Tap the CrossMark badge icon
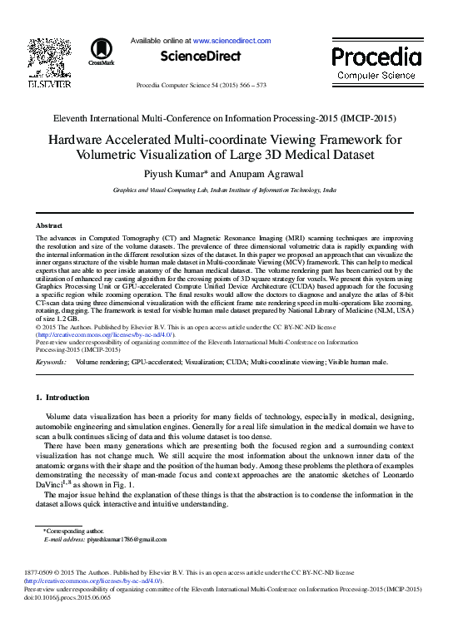[101, 51]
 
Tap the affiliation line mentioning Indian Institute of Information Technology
[225, 190]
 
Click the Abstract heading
[49, 225]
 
